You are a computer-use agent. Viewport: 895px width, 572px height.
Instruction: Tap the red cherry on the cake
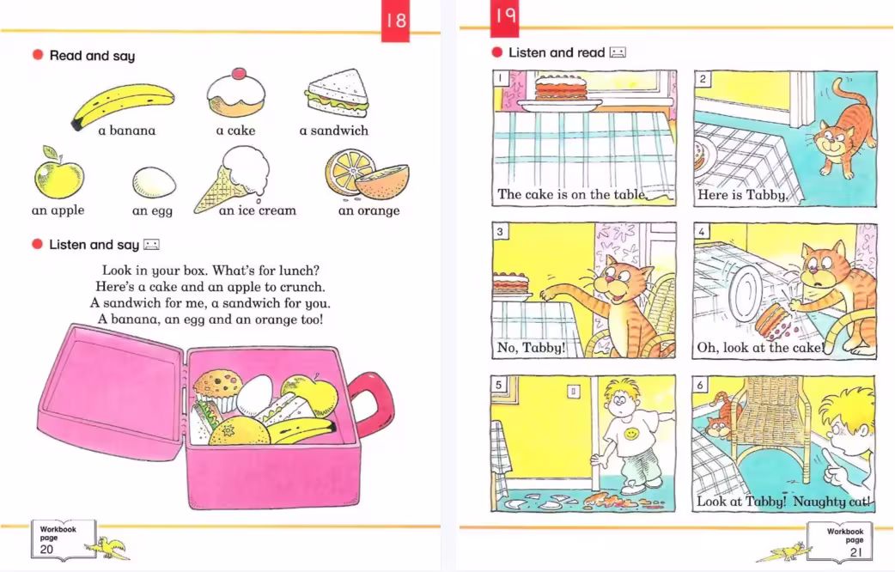[238, 73]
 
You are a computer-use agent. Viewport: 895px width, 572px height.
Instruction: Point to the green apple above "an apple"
[58, 174]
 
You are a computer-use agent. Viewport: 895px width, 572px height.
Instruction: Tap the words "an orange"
[368, 210]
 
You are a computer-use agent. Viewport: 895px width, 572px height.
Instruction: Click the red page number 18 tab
[396, 21]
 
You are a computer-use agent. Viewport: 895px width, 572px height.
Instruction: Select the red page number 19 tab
[504, 17]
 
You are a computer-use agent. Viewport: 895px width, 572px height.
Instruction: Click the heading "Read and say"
[92, 55]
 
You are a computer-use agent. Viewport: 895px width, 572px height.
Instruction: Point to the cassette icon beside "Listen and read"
[618, 52]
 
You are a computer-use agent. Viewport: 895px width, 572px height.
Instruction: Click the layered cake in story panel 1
[561, 89]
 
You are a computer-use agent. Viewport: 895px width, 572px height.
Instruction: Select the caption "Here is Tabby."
[742, 195]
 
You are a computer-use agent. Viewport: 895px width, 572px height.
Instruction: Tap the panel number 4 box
[702, 231]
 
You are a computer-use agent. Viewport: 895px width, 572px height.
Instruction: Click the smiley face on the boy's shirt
[632, 435]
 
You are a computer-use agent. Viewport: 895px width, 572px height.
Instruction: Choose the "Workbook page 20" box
[64, 539]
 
